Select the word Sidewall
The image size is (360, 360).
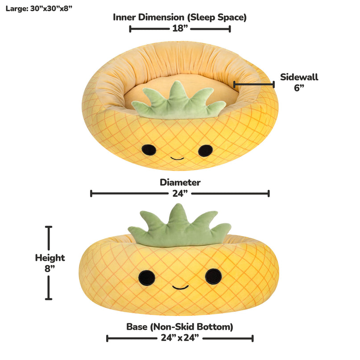[x=299, y=77]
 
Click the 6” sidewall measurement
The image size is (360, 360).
[x=299, y=87]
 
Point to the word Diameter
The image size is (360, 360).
[x=180, y=182]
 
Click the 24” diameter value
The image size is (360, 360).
[x=180, y=194]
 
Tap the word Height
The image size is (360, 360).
[x=50, y=258]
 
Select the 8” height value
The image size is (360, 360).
[x=50, y=269]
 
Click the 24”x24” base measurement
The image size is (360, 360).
[x=180, y=338]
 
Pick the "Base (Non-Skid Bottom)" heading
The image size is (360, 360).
[x=180, y=327]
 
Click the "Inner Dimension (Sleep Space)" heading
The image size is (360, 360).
[x=180, y=17]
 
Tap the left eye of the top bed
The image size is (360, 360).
[x=148, y=150]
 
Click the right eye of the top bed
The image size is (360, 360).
[x=205, y=150]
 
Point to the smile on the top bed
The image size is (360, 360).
[x=177, y=158]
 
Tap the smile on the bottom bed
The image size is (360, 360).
[x=180, y=287]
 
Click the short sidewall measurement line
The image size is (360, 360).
[x=253, y=83]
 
